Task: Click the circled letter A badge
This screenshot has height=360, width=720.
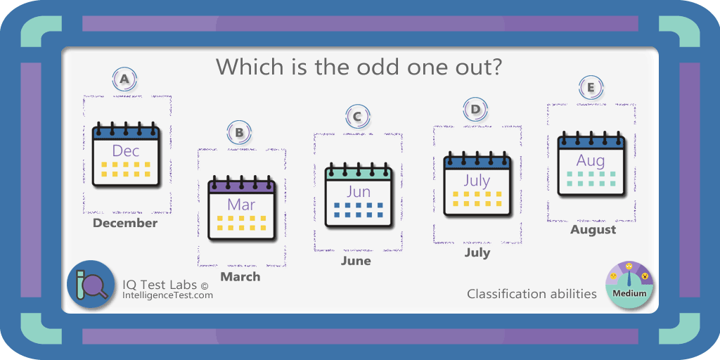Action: (x=124, y=79)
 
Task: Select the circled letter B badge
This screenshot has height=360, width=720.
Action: (x=239, y=133)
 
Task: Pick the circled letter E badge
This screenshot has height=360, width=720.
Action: (x=591, y=88)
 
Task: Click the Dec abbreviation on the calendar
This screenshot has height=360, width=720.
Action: (x=126, y=150)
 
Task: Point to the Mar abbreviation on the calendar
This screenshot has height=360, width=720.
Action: (x=241, y=205)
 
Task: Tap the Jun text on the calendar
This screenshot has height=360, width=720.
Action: (x=358, y=191)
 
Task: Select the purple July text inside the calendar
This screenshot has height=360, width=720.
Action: (x=477, y=181)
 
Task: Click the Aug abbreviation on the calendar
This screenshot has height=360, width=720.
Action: (x=591, y=161)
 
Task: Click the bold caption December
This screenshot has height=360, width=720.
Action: (x=125, y=223)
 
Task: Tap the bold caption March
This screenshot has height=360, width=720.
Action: (x=240, y=276)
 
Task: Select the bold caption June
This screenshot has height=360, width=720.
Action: (x=356, y=261)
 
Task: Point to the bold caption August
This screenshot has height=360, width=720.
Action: (x=593, y=229)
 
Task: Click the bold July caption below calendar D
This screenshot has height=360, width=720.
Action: (x=477, y=252)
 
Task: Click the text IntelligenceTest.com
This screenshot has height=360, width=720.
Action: (x=167, y=295)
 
